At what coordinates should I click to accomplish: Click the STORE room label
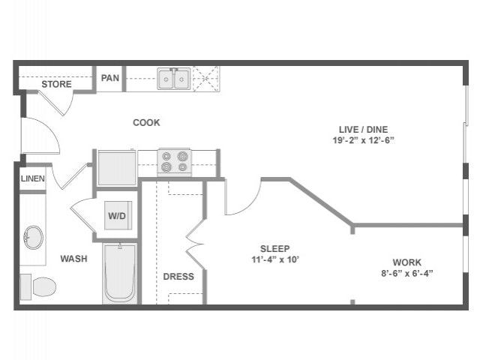56,84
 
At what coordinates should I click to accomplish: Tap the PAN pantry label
110,78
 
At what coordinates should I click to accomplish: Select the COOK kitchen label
146,122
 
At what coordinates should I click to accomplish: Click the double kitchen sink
173,79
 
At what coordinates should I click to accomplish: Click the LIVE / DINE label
364,129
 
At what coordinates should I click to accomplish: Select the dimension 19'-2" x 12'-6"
364,140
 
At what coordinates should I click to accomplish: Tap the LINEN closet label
32,179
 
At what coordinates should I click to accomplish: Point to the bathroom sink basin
33,238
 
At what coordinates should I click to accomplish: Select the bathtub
118,273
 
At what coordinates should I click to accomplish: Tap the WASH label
73,259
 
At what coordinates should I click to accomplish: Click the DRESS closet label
178,277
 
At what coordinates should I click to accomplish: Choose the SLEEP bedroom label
274,249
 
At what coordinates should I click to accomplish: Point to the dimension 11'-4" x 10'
274,260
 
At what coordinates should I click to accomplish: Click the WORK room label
407,262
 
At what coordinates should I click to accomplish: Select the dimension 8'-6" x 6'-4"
407,273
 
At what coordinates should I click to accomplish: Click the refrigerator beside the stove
117,167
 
